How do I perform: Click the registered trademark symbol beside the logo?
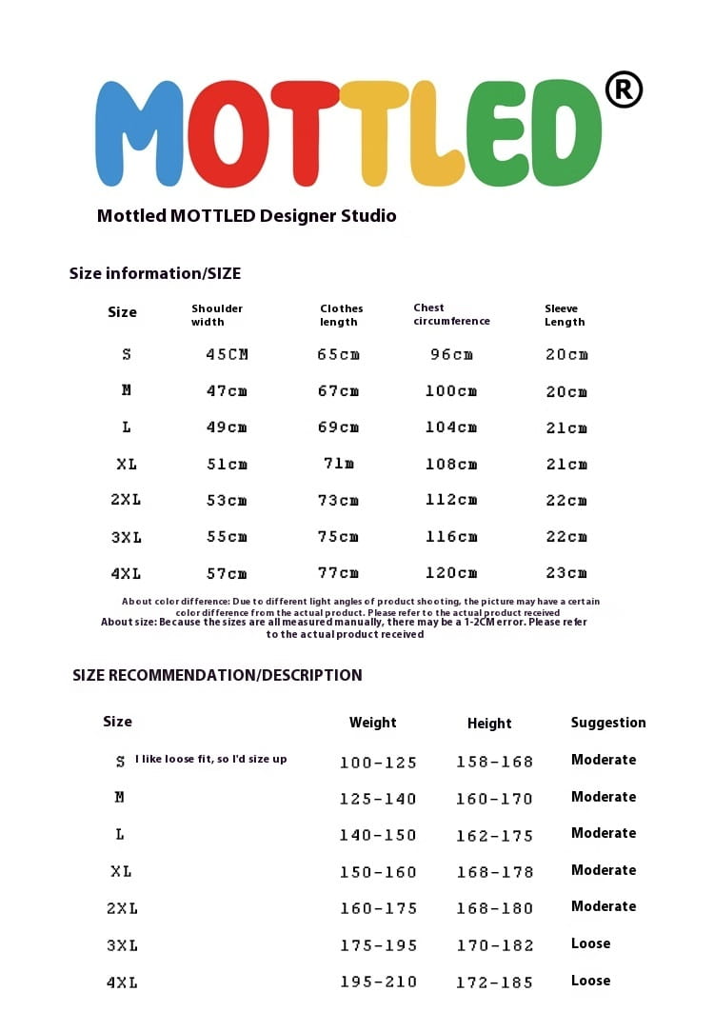click(x=624, y=90)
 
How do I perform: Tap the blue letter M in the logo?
click(x=139, y=132)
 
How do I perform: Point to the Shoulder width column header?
click(x=217, y=315)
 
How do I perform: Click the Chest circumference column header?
click(x=451, y=314)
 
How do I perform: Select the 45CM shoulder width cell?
click(x=227, y=354)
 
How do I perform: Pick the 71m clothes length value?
click(x=338, y=464)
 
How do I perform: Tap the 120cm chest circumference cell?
click(x=451, y=573)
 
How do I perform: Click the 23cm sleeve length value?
click(x=566, y=573)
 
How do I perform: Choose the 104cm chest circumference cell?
click(x=451, y=427)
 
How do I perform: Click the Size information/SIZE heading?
click(x=155, y=273)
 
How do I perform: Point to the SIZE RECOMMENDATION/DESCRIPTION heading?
click(x=217, y=675)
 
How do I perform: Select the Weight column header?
click(x=372, y=723)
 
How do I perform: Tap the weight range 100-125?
click(x=378, y=762)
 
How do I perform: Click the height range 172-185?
click(x=495, y=982)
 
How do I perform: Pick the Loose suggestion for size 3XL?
click(x=590, y=943)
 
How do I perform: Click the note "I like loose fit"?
click(x=210, y=759)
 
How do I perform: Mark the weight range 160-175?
click(x=378, y=908)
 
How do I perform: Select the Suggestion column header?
click(x=608, y=723)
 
